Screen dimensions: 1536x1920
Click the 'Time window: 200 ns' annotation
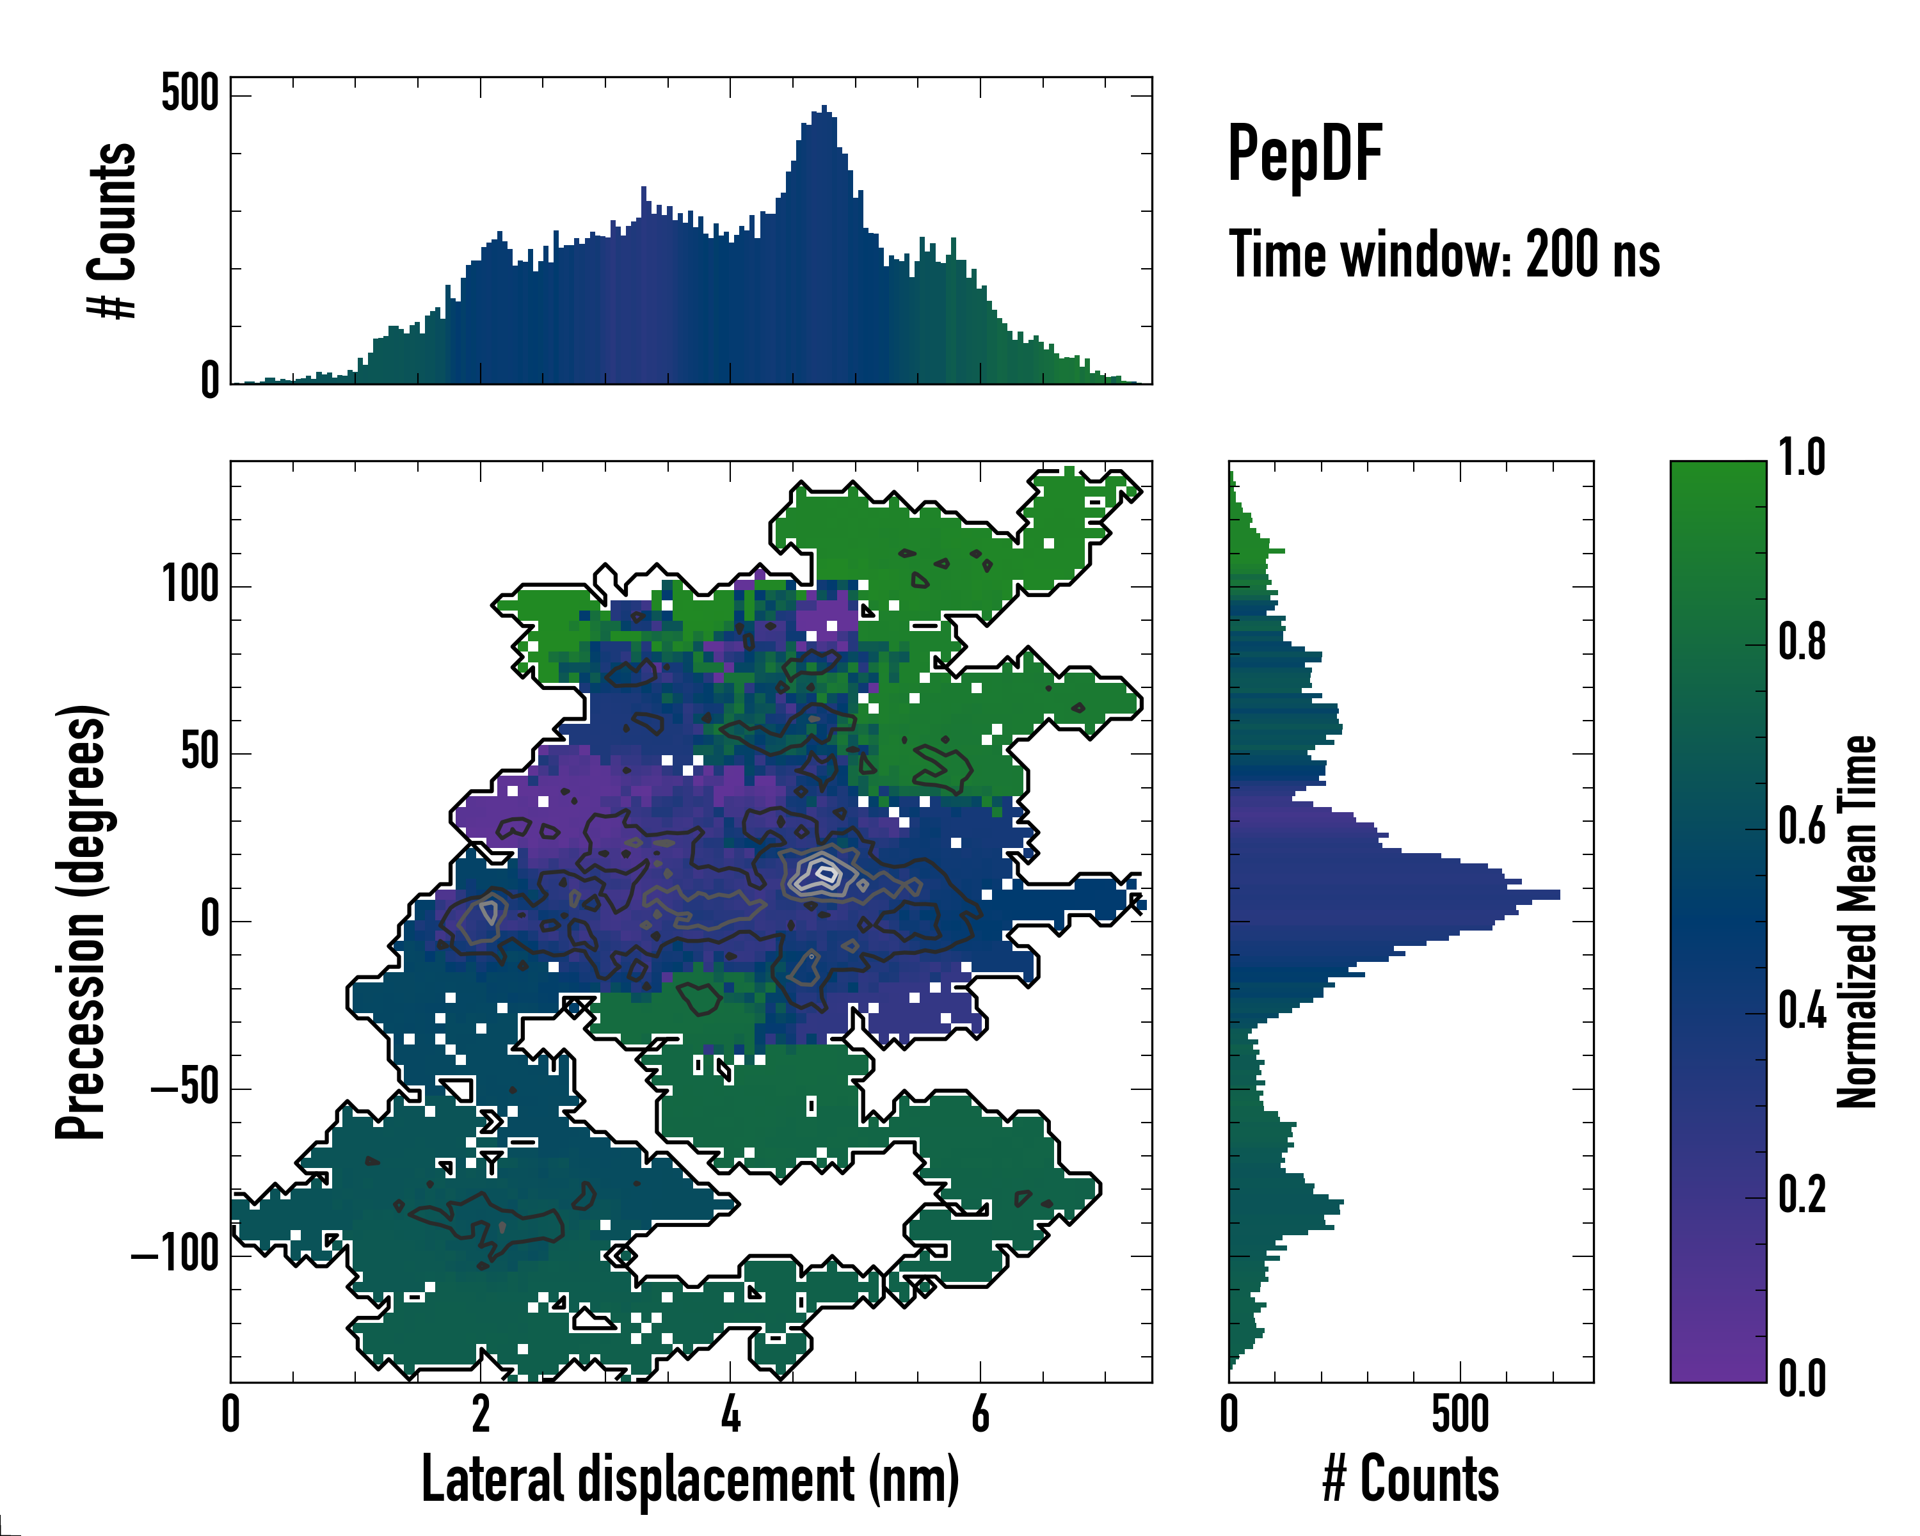(x=1444, y=255)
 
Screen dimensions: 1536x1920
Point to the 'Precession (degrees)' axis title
(x=82, y=922)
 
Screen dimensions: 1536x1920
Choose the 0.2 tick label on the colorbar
(x=1802, y=1195)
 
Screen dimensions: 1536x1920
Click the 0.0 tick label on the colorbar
(x=1802, y=1379)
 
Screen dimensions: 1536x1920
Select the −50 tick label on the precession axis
(x=184, y=1088)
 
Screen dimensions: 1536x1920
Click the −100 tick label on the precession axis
(x=175, y=1256)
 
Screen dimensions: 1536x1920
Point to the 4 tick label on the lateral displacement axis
(x=730, y=1414)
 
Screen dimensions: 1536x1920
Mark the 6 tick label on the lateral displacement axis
(x=980, y=1414)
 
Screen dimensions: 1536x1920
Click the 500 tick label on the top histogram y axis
(x=189, y=93)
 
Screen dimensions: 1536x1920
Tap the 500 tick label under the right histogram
(x=1460, y=1414)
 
